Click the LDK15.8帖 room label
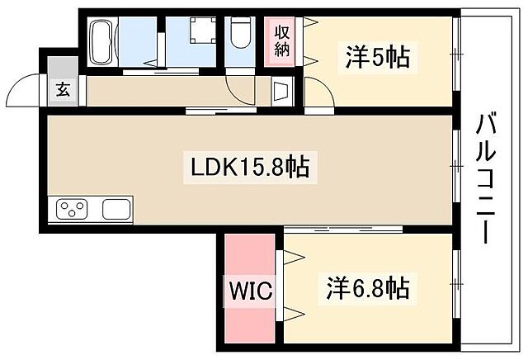[x=250, y=168]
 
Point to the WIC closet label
[x=249, y=291]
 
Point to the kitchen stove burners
[x=73, y=210]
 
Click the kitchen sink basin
[x=115, y=210]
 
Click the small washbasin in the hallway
[x=280, y=90]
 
